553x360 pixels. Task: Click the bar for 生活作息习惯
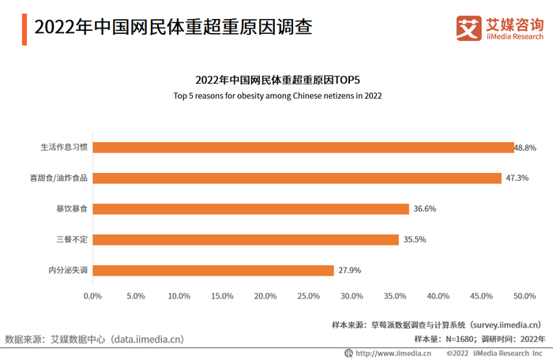point(303,147)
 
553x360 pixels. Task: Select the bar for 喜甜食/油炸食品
point(297,178)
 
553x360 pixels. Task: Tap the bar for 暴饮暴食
point(250,208)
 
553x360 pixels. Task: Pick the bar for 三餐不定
point(246,239)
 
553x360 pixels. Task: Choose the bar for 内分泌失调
point(213,270)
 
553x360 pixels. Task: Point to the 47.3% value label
point(517,178)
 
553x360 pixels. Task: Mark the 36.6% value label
point(424,208)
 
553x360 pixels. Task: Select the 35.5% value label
point(415,239)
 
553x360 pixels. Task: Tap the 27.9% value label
point(349,270)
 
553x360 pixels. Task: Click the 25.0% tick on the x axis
point(309,296)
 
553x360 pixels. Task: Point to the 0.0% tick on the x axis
point(93,296)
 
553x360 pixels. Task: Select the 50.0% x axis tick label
point(525,296)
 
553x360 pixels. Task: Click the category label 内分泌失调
point(68,270)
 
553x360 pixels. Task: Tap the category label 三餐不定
point(72,239)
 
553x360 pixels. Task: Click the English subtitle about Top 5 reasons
point(277,96)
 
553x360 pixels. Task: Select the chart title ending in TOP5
point(277,80)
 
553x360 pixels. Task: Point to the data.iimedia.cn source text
point(95,339)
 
